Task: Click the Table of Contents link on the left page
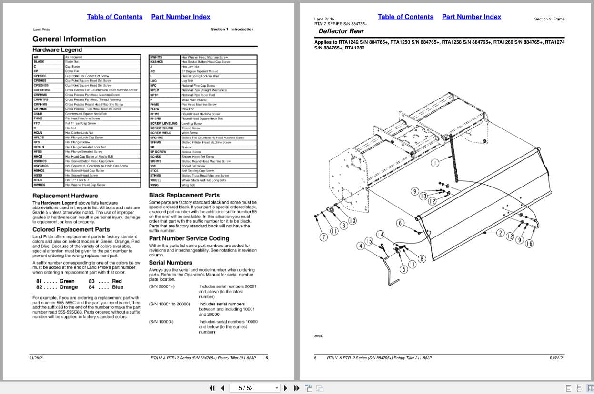point(114,17)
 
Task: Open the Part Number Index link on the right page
point(471,17)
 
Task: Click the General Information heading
point(69,39)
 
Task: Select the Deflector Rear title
point(341,31)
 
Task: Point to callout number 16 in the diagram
point(529,244)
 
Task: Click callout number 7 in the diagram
point(323,237)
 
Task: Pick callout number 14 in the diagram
point(380,234)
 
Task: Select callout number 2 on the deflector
point(500,233)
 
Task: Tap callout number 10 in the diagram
point(352,221)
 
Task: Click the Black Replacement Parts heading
point(184,195)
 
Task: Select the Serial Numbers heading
point(171,263)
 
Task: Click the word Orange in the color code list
point(69,287)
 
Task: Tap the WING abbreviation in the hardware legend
point(155,185)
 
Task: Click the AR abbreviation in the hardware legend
point(36,57)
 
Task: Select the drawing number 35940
point(319,336)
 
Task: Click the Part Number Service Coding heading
point(189,238)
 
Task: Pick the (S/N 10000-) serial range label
point(161,322)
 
